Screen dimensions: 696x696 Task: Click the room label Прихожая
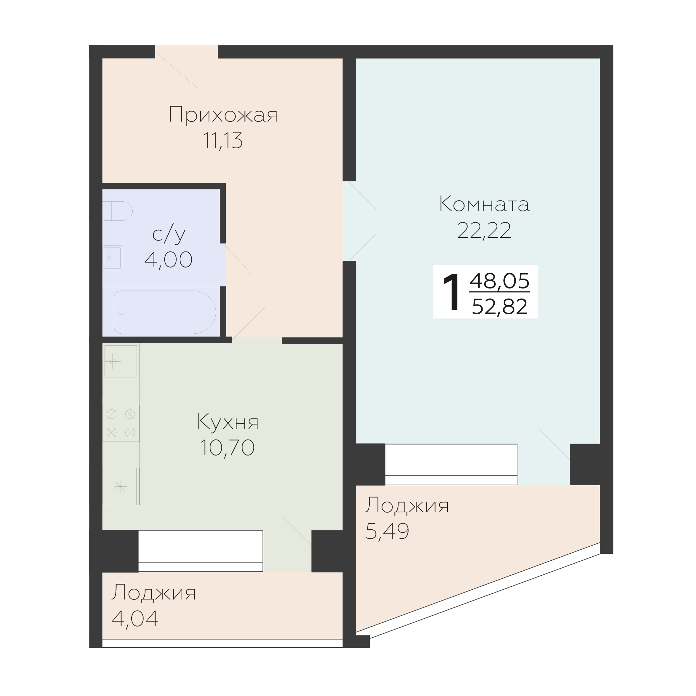pos(223,115)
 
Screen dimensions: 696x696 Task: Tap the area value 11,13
pos(223,141)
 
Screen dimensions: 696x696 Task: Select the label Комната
pos(484,204)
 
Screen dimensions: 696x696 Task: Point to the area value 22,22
pos(484,230)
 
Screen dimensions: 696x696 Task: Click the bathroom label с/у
pos(169,234)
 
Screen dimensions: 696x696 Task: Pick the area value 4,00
pos(169,259)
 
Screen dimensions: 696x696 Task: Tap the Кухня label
pos(228,422)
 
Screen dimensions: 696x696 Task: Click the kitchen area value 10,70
pos(227,448)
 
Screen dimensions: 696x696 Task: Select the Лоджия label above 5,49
pos(407,505)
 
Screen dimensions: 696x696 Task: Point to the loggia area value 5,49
pos(387,531)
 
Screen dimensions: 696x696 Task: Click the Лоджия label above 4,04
pos(154,592)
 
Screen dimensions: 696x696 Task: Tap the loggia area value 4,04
pos(135,618)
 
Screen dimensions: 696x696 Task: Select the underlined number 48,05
pos(500,281)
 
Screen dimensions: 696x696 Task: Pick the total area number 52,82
pos(500,307)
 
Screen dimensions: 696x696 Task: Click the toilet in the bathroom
pos(118,211)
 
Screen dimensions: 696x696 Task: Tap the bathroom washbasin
pos(113,257)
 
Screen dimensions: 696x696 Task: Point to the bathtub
pos(165,312)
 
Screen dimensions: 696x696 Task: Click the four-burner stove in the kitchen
pos(121,423)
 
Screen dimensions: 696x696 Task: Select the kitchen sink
pos(120,361)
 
